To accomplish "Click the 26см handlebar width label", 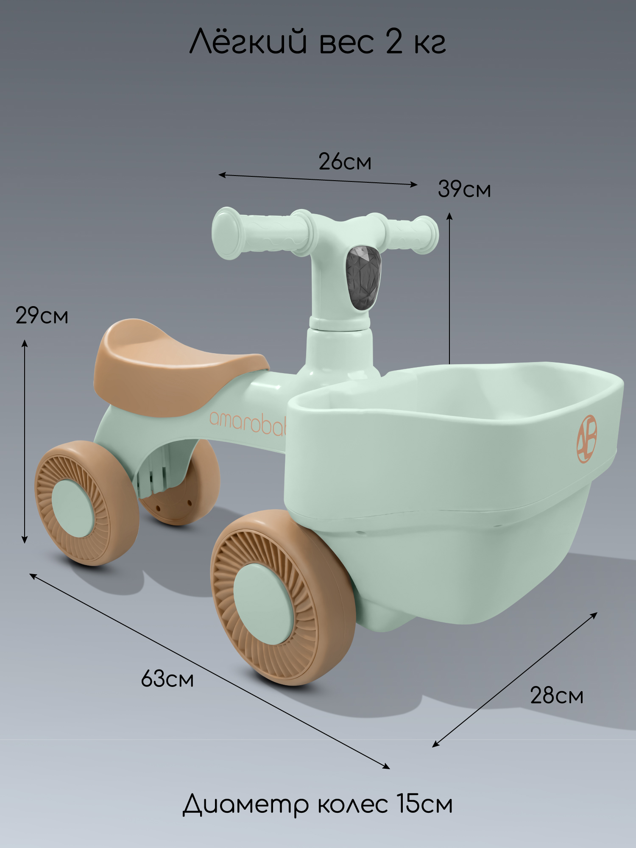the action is tap(345, 162).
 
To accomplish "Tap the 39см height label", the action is tap(464, 189).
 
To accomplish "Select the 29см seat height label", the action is tap(42, 315).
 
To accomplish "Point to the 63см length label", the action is tap(167, 678).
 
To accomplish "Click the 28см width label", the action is tap(557, 696).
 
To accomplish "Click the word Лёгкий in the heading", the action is tap(248, 42).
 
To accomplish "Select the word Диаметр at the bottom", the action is tap(245, 804).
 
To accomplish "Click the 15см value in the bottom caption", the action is tap(425, 803).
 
